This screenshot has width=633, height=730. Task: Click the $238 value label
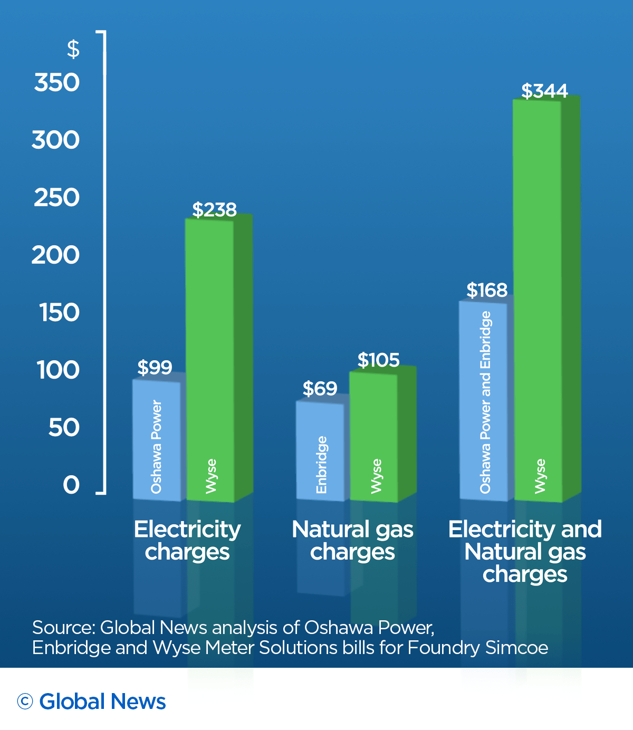coord(214,209)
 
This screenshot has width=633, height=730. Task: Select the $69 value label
coord(320,389)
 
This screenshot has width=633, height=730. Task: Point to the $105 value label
coord(378,360)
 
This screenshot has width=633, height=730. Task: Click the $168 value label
coord(487,290)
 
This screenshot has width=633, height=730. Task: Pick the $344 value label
coord(544,91)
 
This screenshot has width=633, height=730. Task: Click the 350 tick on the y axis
coord(56,83)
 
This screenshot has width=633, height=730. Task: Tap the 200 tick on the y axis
coord(55,255)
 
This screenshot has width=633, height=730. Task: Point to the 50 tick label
coord(64,428)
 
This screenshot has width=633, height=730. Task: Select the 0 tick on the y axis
coord(71,485)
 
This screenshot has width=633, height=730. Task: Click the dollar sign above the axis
coord(73,49)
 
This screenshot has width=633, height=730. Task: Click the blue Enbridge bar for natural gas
coord(320,450)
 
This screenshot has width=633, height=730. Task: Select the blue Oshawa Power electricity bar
coord(157,440)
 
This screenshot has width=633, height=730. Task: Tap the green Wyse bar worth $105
coord(373,437)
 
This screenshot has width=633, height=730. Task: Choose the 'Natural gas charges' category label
coord(352,540)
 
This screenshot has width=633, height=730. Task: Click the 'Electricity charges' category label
coord(187,540)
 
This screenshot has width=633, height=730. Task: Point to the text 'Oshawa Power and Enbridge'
coord(485,402)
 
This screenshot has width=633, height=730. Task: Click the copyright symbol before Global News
coord(25,701)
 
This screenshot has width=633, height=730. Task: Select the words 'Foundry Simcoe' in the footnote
coord(477,648)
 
